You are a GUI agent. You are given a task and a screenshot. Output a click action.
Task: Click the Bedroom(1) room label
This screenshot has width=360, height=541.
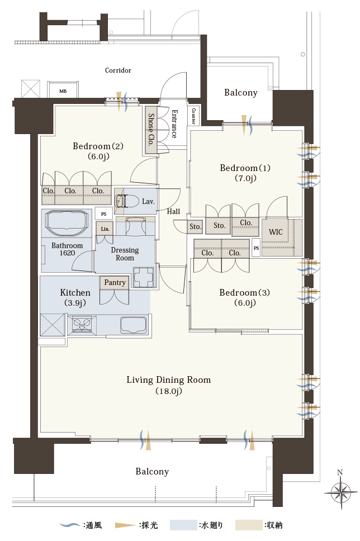click(245, 168)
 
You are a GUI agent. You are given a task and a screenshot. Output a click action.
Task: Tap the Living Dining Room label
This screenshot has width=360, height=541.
click(168, 380)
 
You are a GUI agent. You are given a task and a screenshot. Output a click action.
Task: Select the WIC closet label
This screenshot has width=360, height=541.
click(276, 232)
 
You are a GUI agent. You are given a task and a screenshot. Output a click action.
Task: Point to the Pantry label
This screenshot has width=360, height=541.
click(115, 283)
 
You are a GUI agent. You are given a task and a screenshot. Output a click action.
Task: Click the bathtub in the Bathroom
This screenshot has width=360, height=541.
click(67, 223)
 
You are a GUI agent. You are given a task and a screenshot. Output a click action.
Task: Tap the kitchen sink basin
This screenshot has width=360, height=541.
click(133, 325)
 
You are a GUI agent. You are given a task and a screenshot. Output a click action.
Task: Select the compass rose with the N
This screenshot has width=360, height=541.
click(341, 492)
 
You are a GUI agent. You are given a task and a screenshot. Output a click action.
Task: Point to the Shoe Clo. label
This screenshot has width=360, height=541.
click(151, 130)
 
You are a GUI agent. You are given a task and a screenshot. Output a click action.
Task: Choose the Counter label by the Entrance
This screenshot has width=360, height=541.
click(193, 116)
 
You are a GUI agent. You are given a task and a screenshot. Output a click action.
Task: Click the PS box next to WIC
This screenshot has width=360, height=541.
click(256, 248)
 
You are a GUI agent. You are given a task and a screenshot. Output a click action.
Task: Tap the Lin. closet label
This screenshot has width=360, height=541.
click(105, 229)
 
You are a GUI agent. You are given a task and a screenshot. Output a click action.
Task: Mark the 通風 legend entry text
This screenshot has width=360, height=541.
click(92, 525)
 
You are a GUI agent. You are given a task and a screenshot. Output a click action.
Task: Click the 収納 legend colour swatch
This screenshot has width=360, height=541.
click(249, 525)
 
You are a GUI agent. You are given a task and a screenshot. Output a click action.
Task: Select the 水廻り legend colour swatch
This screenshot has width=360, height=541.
click(183, 525)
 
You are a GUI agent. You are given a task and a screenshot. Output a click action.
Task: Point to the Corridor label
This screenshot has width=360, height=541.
click(118, 70)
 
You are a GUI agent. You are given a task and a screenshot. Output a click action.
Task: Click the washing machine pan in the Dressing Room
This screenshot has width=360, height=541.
click(143, 277)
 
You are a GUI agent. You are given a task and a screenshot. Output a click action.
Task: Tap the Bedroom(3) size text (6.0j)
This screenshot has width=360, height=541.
click(245, 303)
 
